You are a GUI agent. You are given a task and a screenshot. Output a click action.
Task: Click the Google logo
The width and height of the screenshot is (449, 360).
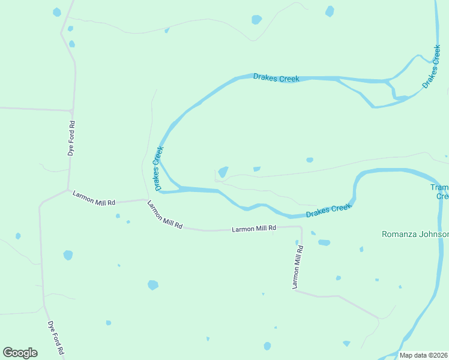[20, 353]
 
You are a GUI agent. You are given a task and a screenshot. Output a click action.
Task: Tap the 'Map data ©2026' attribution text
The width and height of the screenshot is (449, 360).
[424, 355]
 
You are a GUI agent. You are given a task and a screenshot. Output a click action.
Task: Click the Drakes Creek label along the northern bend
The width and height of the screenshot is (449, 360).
[276, 78]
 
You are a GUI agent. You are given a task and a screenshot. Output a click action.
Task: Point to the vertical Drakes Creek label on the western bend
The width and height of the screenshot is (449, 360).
[158, 169]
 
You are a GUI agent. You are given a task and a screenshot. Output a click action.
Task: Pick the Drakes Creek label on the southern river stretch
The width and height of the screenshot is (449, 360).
[328, 211]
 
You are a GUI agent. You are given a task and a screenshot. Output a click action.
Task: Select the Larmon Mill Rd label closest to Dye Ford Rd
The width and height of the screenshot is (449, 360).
[94, 199]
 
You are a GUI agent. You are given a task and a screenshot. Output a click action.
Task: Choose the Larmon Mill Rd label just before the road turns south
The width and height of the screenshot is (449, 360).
[254, 229]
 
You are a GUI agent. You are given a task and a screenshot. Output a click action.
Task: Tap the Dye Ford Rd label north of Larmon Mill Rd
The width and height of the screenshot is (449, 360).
[71, 139]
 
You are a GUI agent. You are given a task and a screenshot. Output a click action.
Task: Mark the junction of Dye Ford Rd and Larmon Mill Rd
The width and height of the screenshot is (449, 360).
[68, 190]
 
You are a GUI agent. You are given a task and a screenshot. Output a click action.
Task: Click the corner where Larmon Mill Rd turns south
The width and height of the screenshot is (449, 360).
[300, 227]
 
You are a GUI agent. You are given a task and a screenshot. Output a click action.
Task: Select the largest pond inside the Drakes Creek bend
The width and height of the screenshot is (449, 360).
[223, 172]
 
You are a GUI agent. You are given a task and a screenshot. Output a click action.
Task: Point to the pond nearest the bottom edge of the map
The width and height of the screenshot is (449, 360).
[267, 346]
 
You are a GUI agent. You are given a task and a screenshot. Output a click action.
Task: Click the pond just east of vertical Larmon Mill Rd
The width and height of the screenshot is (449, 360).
[324, 242]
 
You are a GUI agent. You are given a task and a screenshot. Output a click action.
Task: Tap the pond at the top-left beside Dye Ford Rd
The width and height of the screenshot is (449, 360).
[57, 12]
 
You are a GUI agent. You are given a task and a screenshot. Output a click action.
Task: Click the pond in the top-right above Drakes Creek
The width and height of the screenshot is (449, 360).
[330, 11]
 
